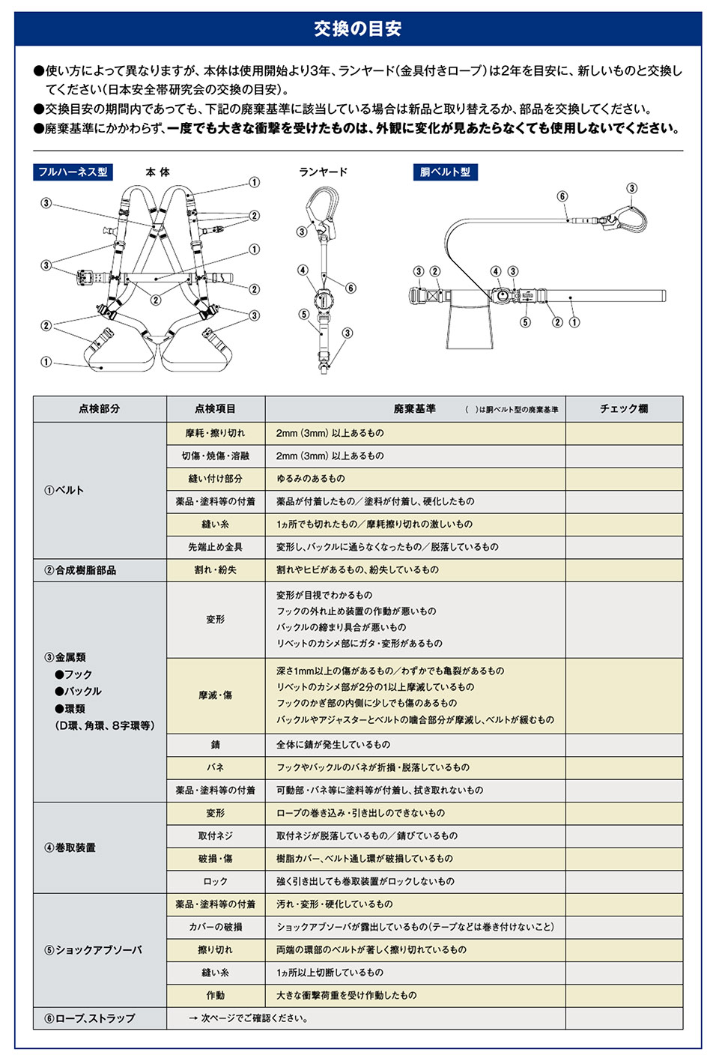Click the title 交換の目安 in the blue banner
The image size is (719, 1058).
coord(358,29)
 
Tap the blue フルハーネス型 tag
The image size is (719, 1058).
coord(73,172)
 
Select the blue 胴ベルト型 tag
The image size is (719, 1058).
coord(445,172)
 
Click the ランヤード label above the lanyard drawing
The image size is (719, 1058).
coord(323,172)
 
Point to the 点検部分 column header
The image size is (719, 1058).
coord(100,409)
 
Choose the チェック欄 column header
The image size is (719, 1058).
coord(623,409)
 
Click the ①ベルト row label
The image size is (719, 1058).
coord(64,491)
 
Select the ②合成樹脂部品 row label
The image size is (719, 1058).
coord(80,570)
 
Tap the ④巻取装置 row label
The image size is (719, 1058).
coord(70,847)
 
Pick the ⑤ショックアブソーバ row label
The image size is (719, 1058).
coord(93,950)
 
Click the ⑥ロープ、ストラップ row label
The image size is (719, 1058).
coord(90,1018)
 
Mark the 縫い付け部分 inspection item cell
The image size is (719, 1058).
coord(216,479)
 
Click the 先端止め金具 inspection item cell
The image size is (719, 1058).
coord(216,547)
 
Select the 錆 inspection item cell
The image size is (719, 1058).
coord(216,745)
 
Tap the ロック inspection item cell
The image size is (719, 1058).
coord(216,881)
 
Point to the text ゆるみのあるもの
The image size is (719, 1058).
coord(311,479)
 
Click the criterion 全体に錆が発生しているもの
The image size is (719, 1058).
coord(333,745)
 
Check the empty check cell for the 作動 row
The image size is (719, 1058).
coord(623,996)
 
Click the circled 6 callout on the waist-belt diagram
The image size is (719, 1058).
coord(562,196)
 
